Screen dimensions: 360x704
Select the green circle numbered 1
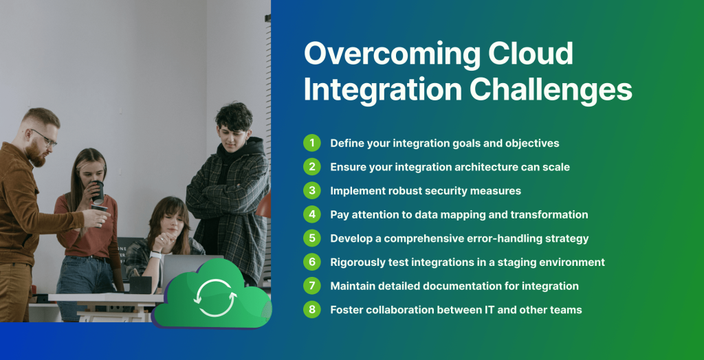[312, 143]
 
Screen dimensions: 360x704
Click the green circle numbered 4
[312, 214]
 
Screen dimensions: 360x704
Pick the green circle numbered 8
[312, 309]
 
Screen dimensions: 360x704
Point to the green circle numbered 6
[312, 262]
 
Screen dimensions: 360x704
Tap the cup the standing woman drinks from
[98, 190]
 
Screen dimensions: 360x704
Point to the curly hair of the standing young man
[234, 116]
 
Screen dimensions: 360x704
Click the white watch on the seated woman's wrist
[155, 256]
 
